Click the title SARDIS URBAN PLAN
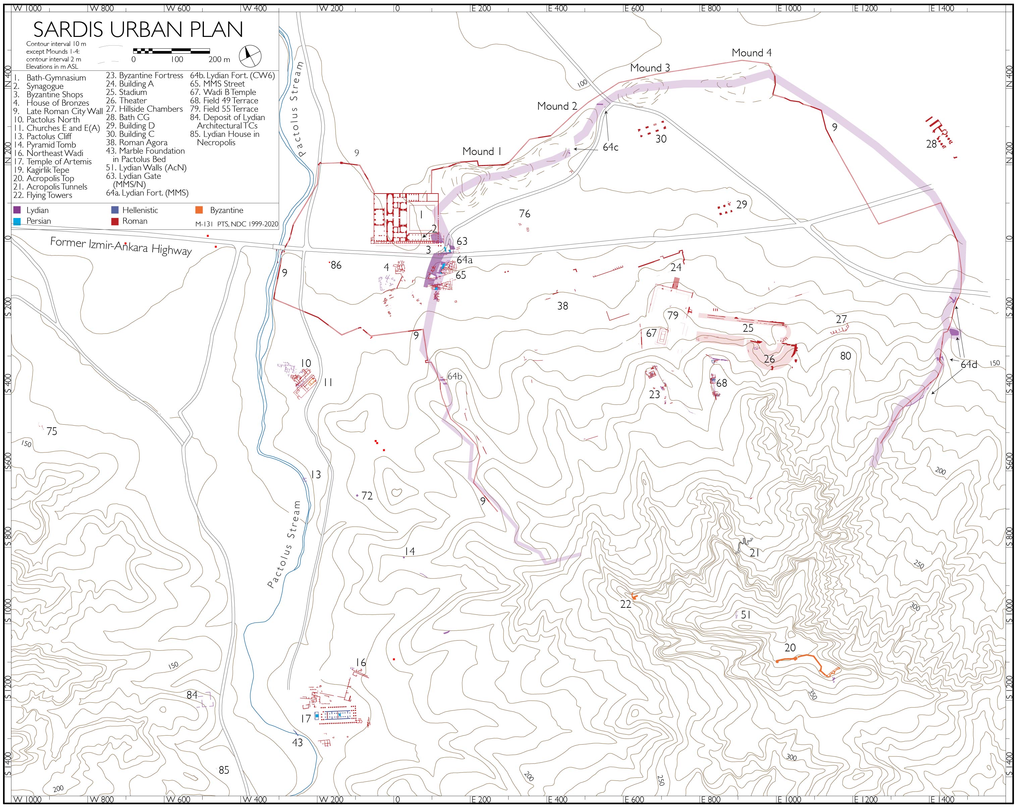point(138,30)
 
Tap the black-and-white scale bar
point(172,50)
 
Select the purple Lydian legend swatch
point(17,210)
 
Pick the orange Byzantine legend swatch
point(199,210)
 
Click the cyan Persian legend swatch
point(17,221)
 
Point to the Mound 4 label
point(751,53)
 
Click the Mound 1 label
point(482,152)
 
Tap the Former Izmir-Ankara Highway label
point(121,247)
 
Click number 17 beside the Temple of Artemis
point(306,719)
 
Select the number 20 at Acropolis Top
point(790,648)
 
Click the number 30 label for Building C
point(661,139)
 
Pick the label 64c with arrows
point(610,148)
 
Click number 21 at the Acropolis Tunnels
point(754,552)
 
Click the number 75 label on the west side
point(52,431)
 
